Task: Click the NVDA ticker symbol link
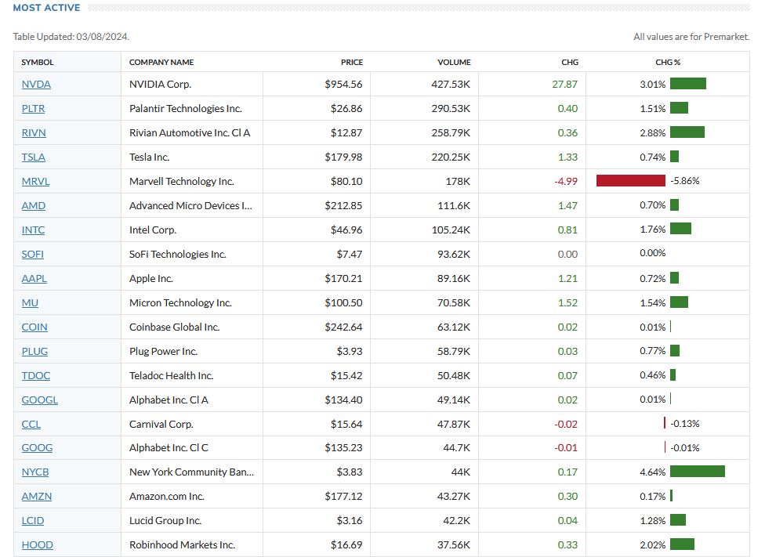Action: click(x=36, y=84)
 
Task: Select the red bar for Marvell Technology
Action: click(x=631, y=181)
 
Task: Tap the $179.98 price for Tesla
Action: click(x=343, y=157)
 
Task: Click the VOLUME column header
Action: click(x=454, y=62)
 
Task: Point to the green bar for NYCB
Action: click(x=697, y=472)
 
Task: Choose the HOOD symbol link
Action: click(x=37, y=544)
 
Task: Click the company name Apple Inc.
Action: click(x=150, y=278)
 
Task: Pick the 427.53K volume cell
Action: click(x=451, y=84)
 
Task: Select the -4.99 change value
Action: click(x=565, y=181)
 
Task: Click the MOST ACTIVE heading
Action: click(x=46, y=8)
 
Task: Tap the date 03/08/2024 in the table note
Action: click(x=102, y=37)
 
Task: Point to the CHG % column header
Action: click(x=668, y=62)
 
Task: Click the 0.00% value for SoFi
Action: click(x=652, y=254)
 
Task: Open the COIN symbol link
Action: click(x=34, y=327)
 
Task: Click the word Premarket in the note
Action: click(x=725, y=37)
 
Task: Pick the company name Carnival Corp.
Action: click(x=161, y=424)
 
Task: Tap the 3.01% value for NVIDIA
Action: click(x=652, y=84)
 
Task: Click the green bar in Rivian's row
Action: click(x=687, y=132)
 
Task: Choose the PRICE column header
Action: click(x=352, y=62)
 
